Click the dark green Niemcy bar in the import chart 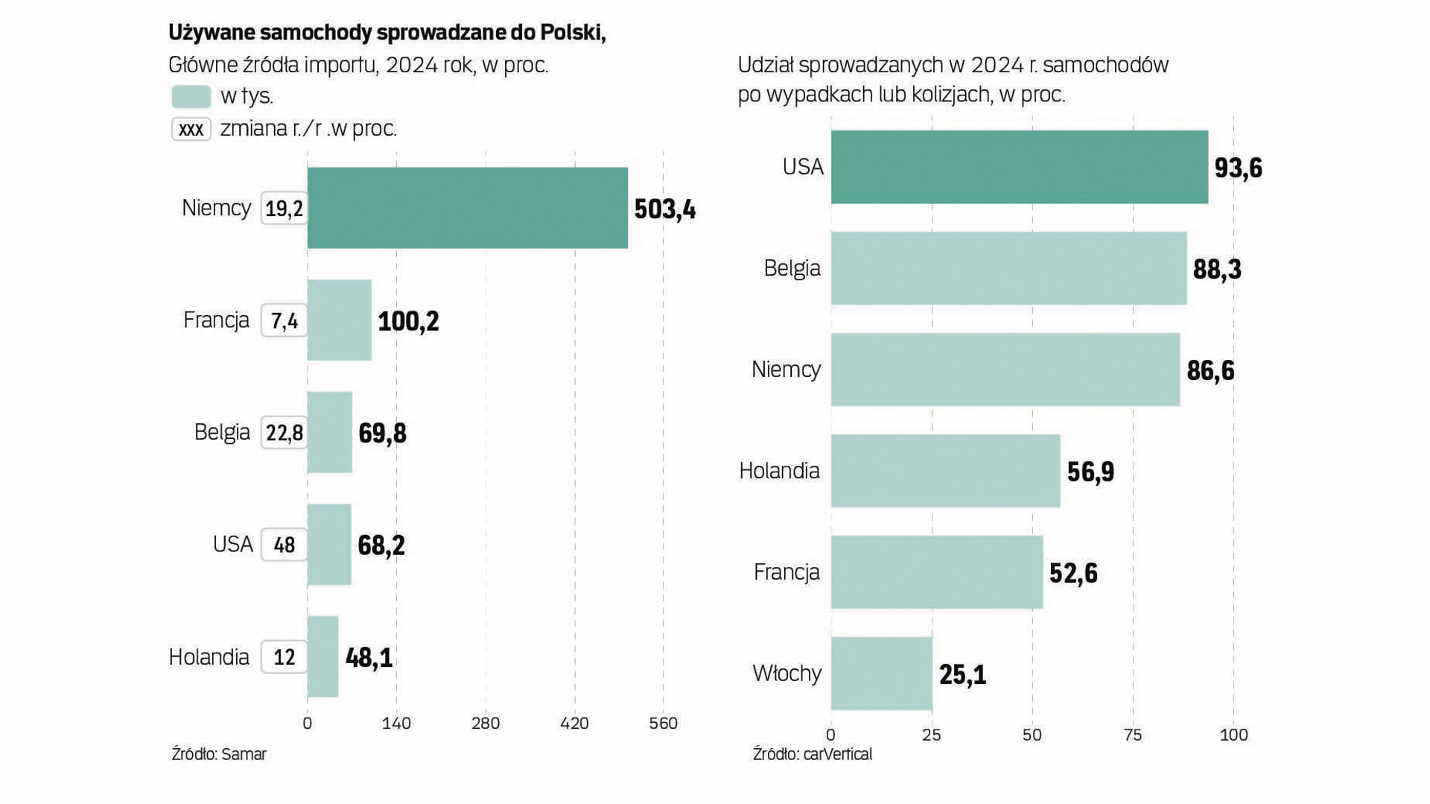[467, 208]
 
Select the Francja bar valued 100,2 [339, 320]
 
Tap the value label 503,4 [664, 209]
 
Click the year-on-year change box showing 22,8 [285, 433]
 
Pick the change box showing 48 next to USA [285, 545]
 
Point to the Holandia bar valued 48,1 [322, 656]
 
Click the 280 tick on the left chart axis [486, 724]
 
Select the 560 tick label [663, 724]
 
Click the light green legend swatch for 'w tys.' [191, 96]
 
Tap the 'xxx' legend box [191, 129]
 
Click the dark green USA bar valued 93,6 [1019, 167]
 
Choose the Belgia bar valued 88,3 [1008, 268]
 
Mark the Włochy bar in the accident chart [881, 674]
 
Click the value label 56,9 [1090, 472]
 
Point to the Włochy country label [786, 674]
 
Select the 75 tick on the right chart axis [1132, 735]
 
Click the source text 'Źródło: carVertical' [812, 754]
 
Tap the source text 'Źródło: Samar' [219, 754]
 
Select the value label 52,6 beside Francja [1073, 573]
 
